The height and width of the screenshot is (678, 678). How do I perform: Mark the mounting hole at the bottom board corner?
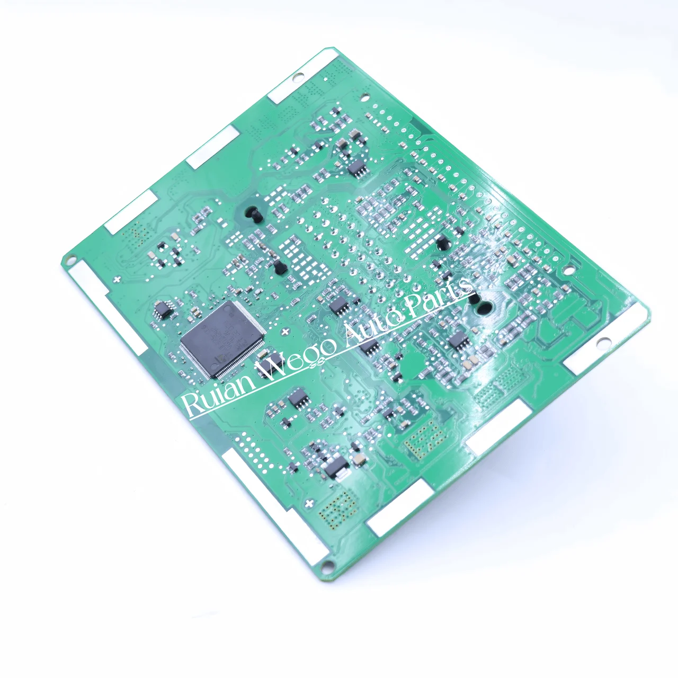(x=329, y=566)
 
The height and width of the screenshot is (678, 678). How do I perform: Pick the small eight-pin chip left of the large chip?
(x=164, y=309)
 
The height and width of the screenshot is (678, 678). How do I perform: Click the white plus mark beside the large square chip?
(x=286, y=333)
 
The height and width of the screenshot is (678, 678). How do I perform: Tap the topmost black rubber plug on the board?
(x=253, y=212)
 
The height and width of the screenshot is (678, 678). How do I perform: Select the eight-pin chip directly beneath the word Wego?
(x=299, y=400)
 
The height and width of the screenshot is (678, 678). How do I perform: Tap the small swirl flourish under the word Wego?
(x=317, y=363)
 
